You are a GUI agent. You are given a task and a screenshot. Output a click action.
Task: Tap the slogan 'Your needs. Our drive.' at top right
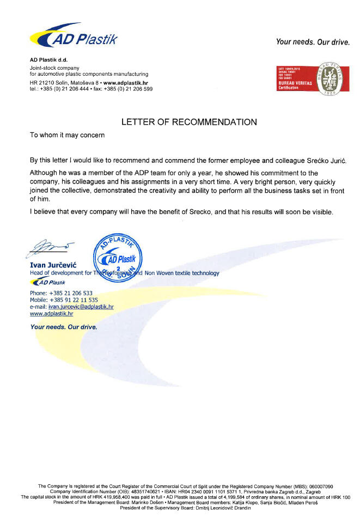click(x=313, y=41)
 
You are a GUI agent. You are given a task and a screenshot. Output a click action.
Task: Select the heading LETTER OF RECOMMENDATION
click(x=189, y=122)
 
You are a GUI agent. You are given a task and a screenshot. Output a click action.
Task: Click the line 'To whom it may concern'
click(x=66, y=135)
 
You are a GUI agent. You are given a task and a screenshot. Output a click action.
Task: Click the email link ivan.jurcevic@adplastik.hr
click(x=81, y=307)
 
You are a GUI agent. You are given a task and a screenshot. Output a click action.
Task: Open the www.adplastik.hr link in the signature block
click(x=51, y=314)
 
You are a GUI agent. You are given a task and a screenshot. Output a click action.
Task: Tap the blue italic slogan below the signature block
click(x=64, y=327)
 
